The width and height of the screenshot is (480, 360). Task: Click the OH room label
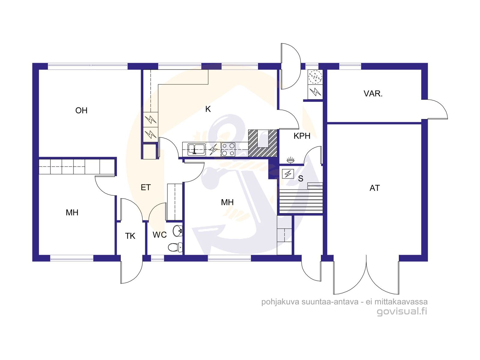81,111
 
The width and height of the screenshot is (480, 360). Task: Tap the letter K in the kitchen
208,109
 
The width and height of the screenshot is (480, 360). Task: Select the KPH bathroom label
302,136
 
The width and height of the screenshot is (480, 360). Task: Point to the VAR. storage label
373,94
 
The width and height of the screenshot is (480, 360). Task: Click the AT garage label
375,188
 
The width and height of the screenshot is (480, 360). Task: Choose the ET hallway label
145,187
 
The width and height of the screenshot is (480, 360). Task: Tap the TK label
130,236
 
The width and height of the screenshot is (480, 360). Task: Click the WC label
160,235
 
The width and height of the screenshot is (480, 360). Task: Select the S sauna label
301,178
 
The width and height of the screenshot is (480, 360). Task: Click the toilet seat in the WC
175,247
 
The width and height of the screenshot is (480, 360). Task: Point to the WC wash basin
178,231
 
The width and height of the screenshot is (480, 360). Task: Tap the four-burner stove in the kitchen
228,149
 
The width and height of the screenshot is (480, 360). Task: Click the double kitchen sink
196,149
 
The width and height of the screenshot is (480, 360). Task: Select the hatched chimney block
262,143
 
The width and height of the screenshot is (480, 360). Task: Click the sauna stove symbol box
288,174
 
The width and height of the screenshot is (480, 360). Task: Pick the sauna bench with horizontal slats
301,201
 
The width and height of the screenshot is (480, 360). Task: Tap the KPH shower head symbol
290,160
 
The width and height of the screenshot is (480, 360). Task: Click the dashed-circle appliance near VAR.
315,77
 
